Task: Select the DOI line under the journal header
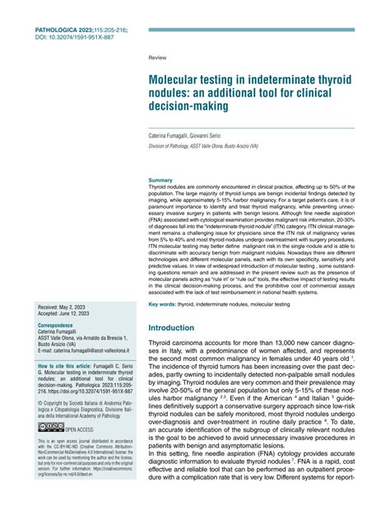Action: point(76,37)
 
